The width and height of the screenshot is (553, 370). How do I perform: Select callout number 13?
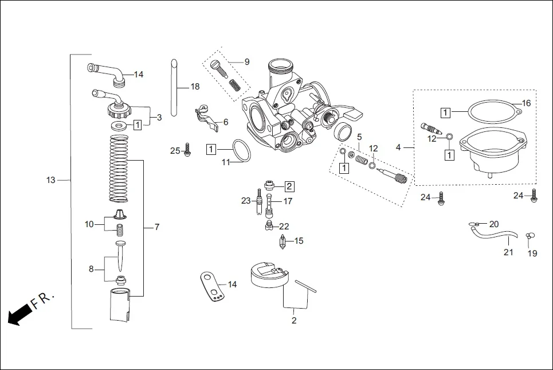pyautogui.click(x=51, y=180)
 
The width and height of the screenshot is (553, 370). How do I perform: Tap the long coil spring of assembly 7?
pyautogui.click(x=118, y=169)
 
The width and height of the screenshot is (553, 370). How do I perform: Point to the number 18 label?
pyautogui.click(x=195, y=87)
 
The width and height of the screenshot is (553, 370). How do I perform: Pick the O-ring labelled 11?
pyautogui.click(x=242, y=151)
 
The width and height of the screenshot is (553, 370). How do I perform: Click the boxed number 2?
pyautogui.click(x=289, y=186)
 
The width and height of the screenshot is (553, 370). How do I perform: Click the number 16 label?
pyautogui.click(x=526, y=103)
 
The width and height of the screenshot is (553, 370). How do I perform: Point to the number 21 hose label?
pyautogui.click(x=508, y=252)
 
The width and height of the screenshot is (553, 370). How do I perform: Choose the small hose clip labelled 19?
pyautogui.click(x=530, y=235)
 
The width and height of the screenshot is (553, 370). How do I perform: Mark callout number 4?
pyautogui.click(x=398, y=147)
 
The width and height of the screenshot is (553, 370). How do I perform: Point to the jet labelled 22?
pyautogui.click(x=268, y=227)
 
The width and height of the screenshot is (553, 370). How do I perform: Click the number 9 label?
pyautogui.click(x=247, y=61)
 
